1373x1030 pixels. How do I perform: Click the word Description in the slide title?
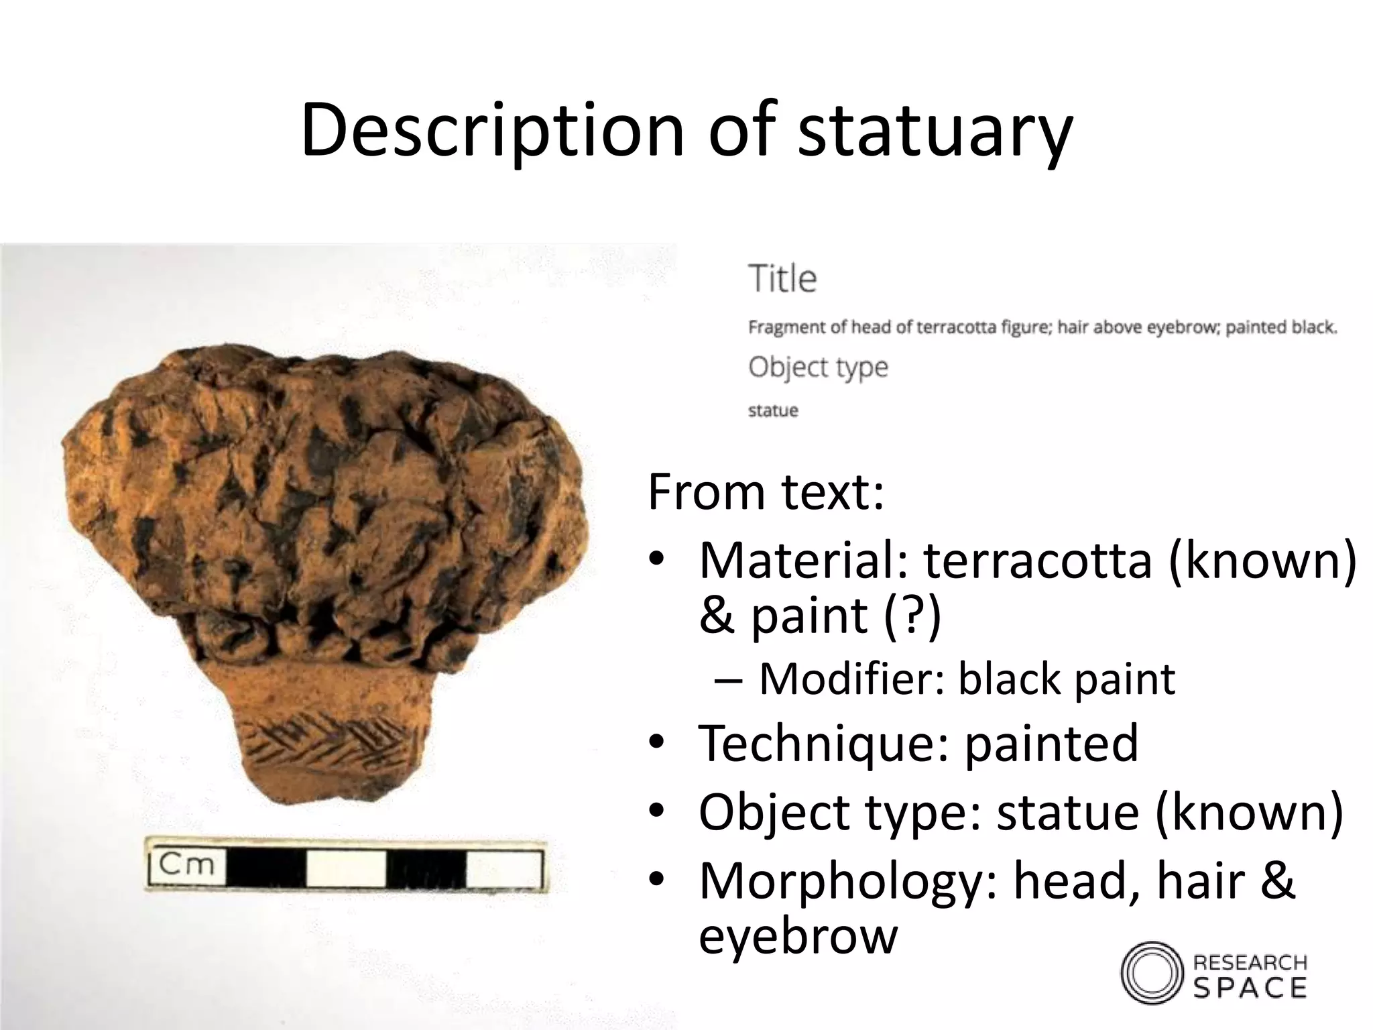tap(493, 131)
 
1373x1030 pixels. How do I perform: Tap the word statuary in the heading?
tap(935, 131)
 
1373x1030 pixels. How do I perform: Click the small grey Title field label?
tap(782, 279)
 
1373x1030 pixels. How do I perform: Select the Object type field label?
tap(818, 367)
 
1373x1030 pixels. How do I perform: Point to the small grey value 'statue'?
tap(773, 410)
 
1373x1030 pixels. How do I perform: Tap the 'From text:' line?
tap(766, 492)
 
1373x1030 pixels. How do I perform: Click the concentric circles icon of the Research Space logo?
tap(1151, 973)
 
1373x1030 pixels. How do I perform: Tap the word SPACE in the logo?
tap(1250, 987)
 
